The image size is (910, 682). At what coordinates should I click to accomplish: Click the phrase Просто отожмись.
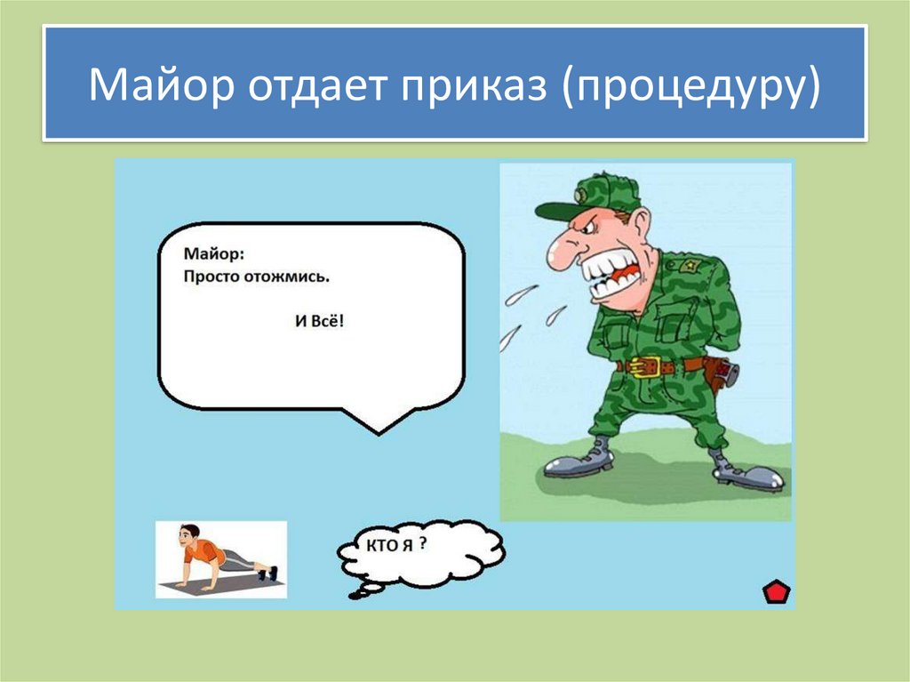257,277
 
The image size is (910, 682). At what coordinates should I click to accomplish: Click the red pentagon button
777,592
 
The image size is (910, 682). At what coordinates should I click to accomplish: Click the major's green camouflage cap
595,196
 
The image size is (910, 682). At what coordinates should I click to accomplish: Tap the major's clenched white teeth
613,271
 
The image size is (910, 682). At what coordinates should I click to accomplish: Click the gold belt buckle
650,365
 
